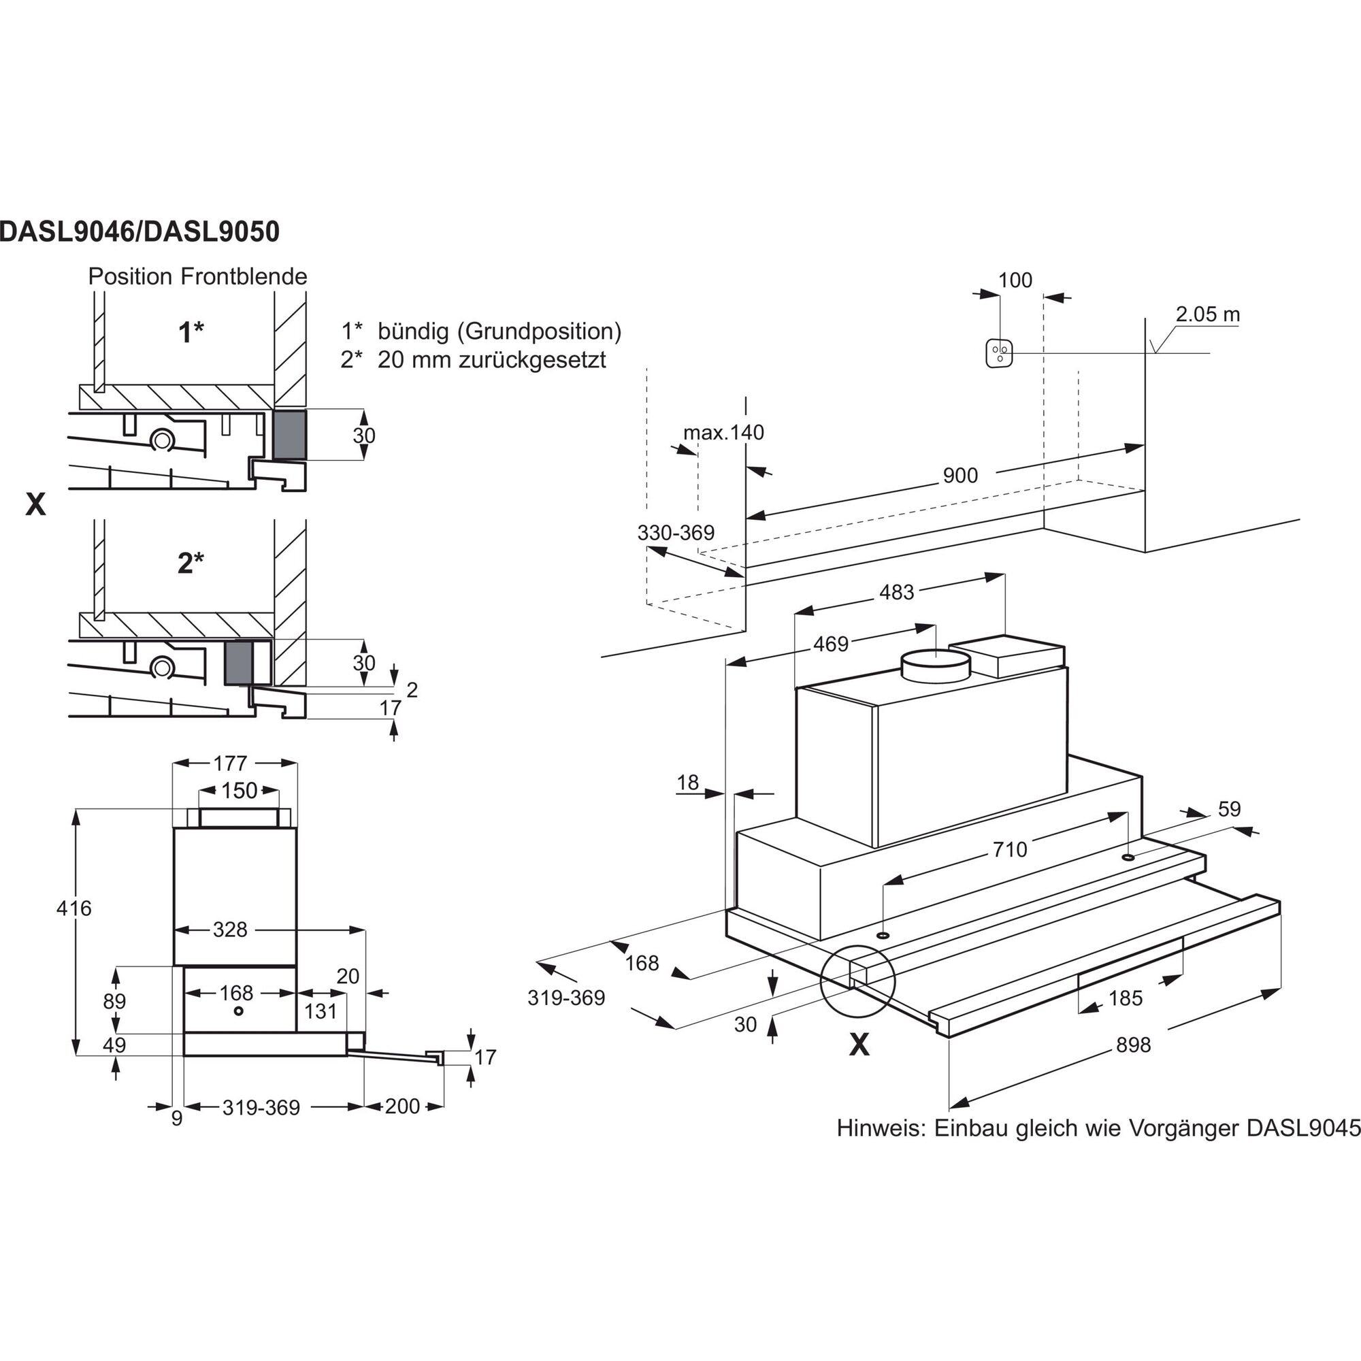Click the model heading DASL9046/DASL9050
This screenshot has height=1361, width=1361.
click(x=140, y=232)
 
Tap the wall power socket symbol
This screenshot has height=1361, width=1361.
click(x=999, y=353)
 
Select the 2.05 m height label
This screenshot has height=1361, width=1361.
click(x=1207, y=314)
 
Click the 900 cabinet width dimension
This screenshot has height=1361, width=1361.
click(x=960, y=476)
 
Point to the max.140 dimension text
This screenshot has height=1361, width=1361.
click(x=723, y=432)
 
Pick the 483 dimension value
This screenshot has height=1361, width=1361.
click(x=896, y=593)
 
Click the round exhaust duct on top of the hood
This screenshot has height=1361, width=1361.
click(x=936, y=664)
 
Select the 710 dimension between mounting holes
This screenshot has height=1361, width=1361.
click(x=1009, y=849)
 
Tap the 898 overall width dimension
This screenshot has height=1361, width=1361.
click(x=1133, y=1045)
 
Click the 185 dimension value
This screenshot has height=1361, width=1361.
click(x=1125, y=998)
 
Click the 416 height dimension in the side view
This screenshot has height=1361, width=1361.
click(x=74, y=908)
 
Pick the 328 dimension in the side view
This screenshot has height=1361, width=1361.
click(x=231, y=930)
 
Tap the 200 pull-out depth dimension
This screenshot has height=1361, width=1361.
click(x=402, y=1106)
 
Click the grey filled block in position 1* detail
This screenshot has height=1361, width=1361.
click(x=289, y=436)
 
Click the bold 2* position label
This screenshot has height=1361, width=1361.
click(x=191, y=563)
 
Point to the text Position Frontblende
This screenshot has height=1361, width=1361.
click(x=197, y=276)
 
